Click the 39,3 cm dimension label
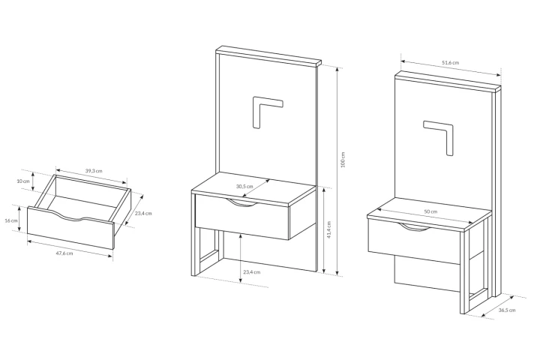94,170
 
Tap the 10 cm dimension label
23,181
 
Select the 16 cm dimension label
11,220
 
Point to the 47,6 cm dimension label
64,253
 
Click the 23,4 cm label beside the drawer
143,213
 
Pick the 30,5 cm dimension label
244,186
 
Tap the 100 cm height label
343,160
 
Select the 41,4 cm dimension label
329,229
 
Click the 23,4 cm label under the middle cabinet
252,271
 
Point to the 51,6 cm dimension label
451,63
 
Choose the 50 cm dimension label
430,211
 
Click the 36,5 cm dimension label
507,310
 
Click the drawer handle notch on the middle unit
242,205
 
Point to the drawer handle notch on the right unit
414,228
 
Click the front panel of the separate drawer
70,228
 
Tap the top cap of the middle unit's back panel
268,55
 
